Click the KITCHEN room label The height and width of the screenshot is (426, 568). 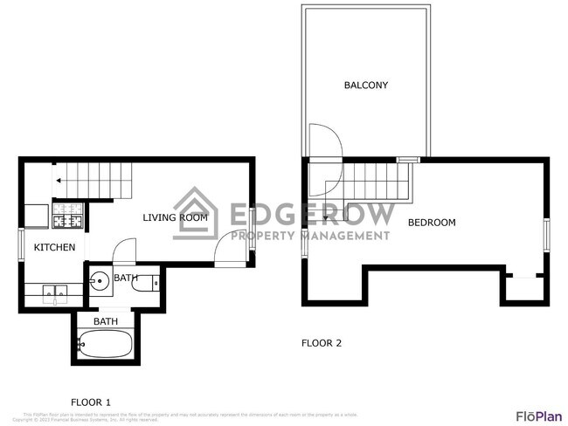pos(54,248)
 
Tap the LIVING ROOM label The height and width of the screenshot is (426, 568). pos(175,217)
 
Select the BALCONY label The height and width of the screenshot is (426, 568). pos(365,86)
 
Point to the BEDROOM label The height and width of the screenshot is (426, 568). pos(432,223)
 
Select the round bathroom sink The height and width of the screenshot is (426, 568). pos(100,281)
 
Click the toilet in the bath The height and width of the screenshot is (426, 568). pos(153,282)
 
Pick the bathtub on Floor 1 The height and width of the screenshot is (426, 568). pos(104,344)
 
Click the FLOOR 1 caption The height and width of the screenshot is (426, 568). pos(91,402)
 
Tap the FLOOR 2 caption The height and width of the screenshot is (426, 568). pos(322,343)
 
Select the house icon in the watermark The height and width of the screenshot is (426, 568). pos(196,213)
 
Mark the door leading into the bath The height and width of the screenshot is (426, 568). pos(124,251)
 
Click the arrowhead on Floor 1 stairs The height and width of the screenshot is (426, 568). pos(58,182)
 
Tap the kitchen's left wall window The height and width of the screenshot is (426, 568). pos(21,244)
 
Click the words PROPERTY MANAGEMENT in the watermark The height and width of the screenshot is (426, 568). pos(309,236)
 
